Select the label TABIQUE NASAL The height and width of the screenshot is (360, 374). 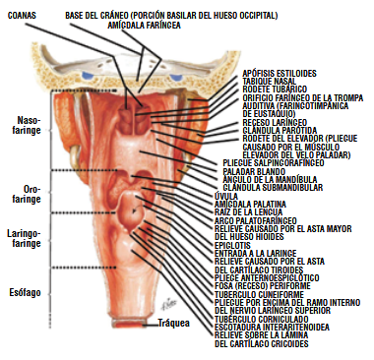click(270, 82)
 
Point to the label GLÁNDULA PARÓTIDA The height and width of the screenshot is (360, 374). click(279, 130)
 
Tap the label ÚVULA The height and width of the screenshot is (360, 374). click(225, 196)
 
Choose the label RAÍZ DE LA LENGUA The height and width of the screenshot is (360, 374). click(249, 211)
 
